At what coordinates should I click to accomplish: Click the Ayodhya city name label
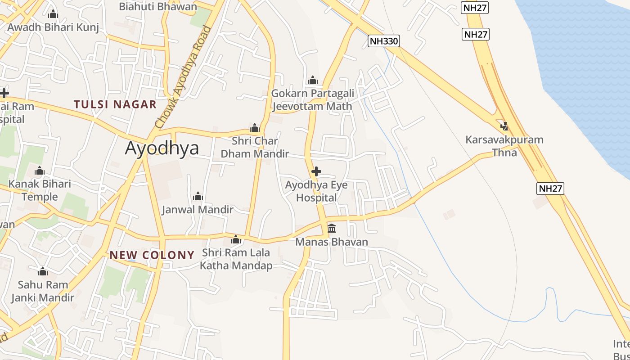(x=162, y=148)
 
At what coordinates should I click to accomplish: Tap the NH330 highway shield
(x=384, y=41)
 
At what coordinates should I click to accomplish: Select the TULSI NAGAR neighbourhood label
(x=115, y=104)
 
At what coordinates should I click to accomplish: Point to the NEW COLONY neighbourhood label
(x=152, y=255)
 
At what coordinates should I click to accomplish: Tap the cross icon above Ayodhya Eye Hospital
(x=316, y=171)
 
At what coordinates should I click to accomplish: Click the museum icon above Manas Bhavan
(x=332, y=228)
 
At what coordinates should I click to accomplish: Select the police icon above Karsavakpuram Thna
(x=504, y=126)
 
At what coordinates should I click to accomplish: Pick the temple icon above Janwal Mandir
(x=198, y=196)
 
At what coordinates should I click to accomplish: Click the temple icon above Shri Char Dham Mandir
(x=255, y=128)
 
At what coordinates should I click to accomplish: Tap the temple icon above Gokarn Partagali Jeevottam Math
(x=312, y=80)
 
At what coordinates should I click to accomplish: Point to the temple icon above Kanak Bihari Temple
(x=40, y=171)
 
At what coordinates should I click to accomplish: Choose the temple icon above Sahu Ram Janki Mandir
(x=43, y=271)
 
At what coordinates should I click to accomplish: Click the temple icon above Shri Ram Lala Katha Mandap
(x=236, y=239)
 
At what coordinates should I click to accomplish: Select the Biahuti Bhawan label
(x=158, y=7)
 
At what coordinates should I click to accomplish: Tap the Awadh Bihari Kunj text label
(x=53, y=27)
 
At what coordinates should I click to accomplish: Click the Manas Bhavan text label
(x=332, y=242)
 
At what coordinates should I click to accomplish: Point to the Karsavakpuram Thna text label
(x=504, y=146)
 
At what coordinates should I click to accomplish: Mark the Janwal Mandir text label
(x=198, y=209)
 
